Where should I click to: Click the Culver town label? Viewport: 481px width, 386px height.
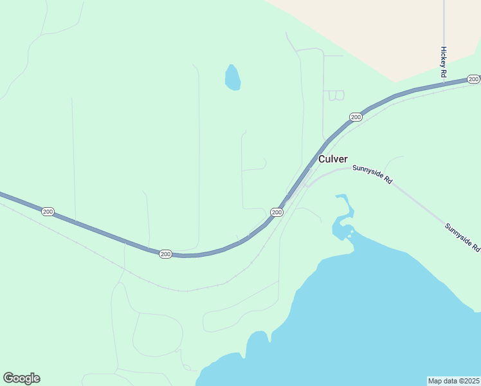pos(332,159)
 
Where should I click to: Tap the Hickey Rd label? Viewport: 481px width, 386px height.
pos(443,62)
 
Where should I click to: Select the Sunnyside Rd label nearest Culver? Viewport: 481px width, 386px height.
pos(372,174)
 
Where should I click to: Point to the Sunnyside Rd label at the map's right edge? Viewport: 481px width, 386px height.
pos(462,237)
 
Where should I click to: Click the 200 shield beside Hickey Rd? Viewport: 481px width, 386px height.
pos(473,79)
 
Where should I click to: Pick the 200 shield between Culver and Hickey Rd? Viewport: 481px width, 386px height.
pos(356,116)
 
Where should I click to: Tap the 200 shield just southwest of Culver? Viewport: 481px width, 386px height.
pos(277,212)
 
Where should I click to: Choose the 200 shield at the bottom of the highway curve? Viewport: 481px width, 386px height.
pos(165,254)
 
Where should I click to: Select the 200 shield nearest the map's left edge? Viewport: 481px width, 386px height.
pos(48,211)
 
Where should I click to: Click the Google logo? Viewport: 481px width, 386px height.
pos(21,378)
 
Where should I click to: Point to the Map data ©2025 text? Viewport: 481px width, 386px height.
pos(453,381)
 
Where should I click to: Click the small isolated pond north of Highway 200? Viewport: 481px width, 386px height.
pos(232,78)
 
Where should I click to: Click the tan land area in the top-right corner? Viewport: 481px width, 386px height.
pos(386,32)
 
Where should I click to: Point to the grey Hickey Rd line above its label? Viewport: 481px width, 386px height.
pos(444,23)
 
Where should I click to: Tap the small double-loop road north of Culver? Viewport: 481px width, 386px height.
pos(336,95)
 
